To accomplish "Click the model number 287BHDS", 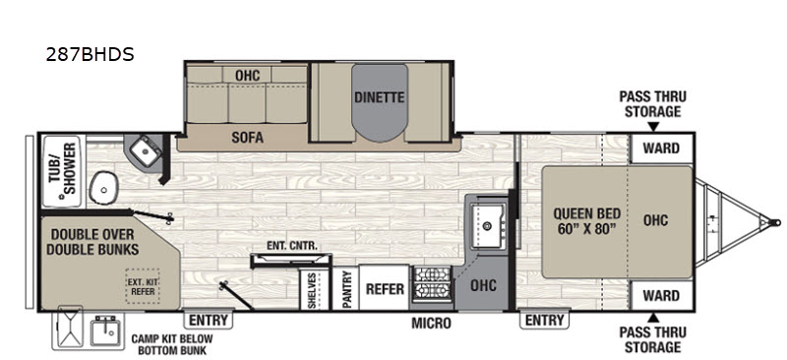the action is click(x=90, y=54).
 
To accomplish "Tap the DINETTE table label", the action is click(x=379, y=97).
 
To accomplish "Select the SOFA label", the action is click(x=248, y=138).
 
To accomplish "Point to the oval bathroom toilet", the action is click(x=103, y=188).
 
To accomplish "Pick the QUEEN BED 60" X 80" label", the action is click(x=586, y=221).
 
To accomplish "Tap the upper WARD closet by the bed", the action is click(x=661, y=149).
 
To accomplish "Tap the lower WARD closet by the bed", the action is click(x=661, y=295).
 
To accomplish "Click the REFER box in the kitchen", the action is click(x=385, y=287).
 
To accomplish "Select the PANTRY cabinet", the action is click(x=346, y=288).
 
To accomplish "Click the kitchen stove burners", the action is click(x=432, y=284).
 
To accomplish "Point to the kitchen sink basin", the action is click(x=488, y=226).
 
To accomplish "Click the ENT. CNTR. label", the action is click(x=292, y=246).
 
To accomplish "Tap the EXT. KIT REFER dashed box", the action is click(x=143, y=286).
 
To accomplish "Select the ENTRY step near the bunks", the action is click(x=209, y=319).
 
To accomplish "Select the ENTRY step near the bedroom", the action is click(x=545, y=319).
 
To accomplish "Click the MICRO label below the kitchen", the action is click(x=431, y=324).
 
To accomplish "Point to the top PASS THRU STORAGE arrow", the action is click(x=652, y=127).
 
